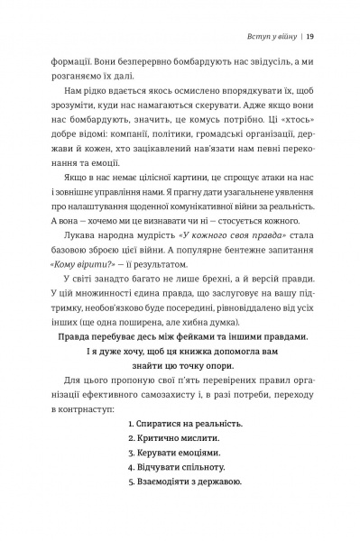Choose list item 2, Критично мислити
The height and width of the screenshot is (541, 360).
coord(171,442)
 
